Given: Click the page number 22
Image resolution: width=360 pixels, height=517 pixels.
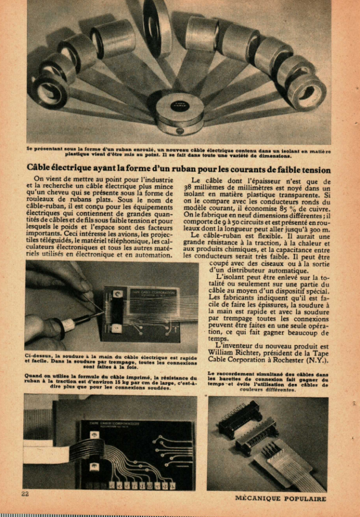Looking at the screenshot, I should (25, 494).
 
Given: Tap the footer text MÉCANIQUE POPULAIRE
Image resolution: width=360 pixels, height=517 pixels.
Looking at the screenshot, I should (280, 498).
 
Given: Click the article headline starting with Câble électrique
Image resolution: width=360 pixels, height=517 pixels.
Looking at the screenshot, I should (178, 169).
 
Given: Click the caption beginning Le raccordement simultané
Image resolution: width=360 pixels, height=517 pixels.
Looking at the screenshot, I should (268, 382).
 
